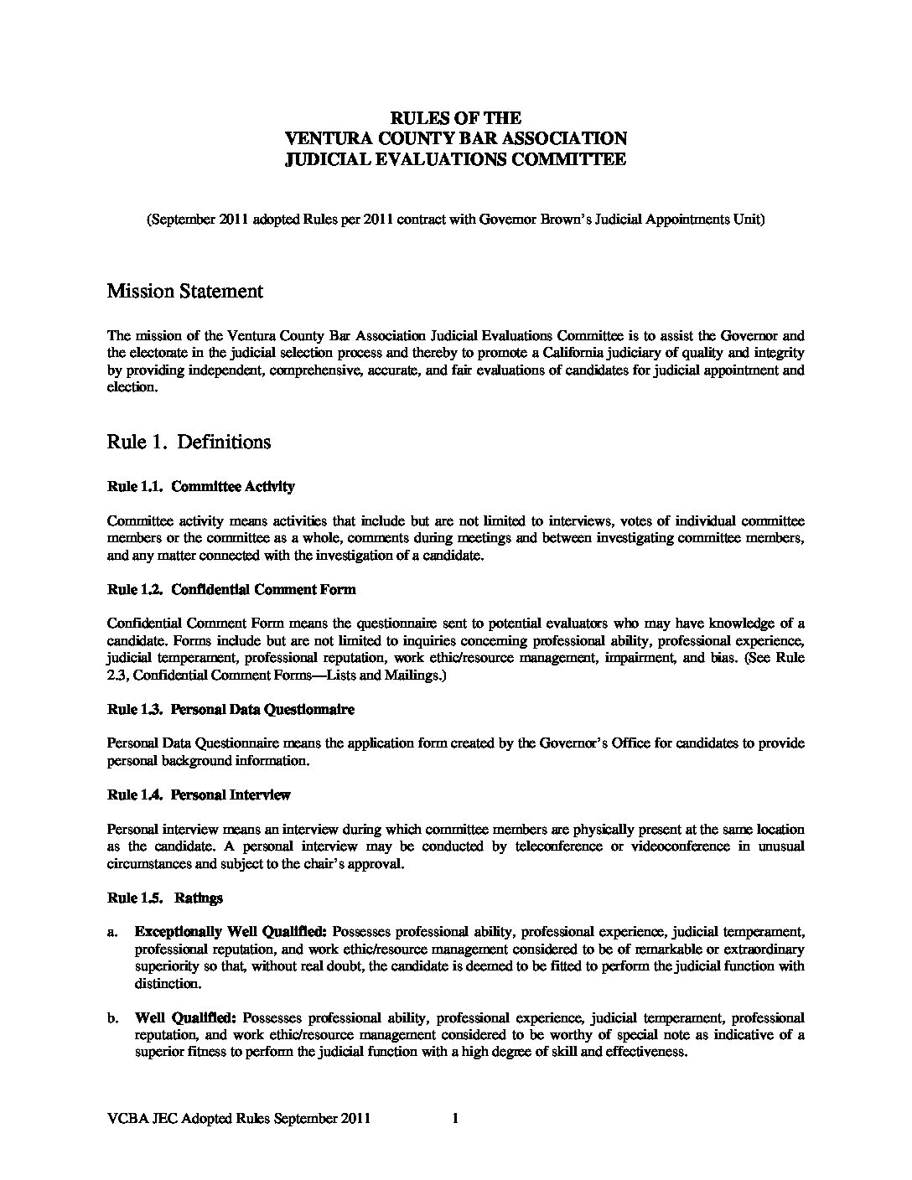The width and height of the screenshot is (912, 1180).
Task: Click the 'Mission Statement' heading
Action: (x=185, y=292)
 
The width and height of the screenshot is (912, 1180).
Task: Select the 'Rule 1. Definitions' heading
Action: (x=189, y=442)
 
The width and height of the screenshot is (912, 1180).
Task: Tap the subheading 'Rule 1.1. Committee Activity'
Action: (x=200, y=486)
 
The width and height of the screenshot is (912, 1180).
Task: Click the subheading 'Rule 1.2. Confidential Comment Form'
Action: (x=231, y=589)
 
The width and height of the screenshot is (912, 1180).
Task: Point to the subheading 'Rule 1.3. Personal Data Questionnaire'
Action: (x=231, y=710)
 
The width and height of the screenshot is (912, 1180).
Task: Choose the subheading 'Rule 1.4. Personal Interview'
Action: (x=199, y=794)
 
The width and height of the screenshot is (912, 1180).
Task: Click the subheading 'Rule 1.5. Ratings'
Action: (x=165, y=898)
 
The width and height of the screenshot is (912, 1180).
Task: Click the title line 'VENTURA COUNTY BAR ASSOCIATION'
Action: (x=455, y=138)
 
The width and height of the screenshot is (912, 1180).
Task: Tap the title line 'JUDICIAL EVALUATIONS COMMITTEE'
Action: (x=455, y=159)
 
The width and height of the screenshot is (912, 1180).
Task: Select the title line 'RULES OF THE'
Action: (x=455, y=118)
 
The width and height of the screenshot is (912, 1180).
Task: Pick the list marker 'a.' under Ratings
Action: (x=112, y=932)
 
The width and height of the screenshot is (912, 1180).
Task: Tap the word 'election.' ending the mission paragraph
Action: (x=132, y=388)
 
